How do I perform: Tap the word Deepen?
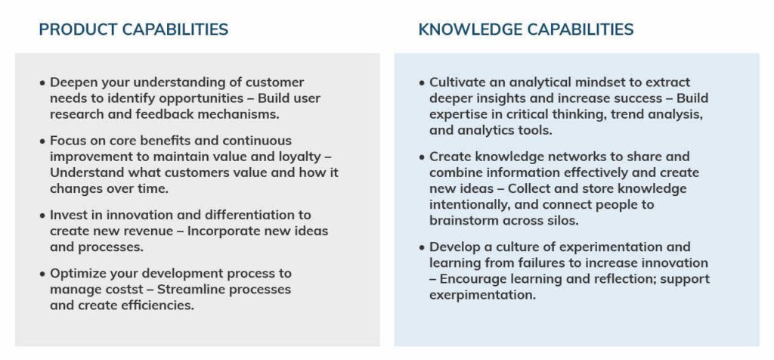tap(74, 82)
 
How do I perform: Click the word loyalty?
tap(307, 157)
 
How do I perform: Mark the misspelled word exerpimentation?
tap(482, 295)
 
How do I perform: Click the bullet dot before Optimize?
tap(43, 274)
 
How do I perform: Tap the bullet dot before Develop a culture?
tap(423, 248)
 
